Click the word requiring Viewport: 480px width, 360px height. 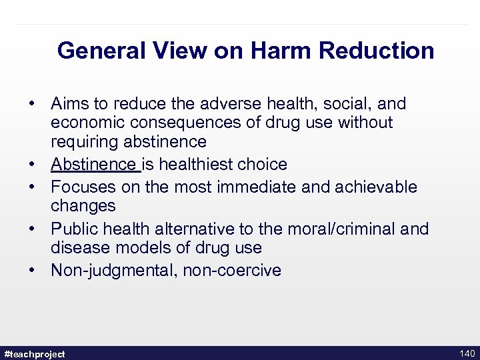[84, 141]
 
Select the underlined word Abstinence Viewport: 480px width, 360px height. [93, 164]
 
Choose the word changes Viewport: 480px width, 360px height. [83, 206]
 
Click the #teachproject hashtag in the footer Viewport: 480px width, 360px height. [35, 354]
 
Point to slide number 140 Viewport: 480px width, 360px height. [466, 353]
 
